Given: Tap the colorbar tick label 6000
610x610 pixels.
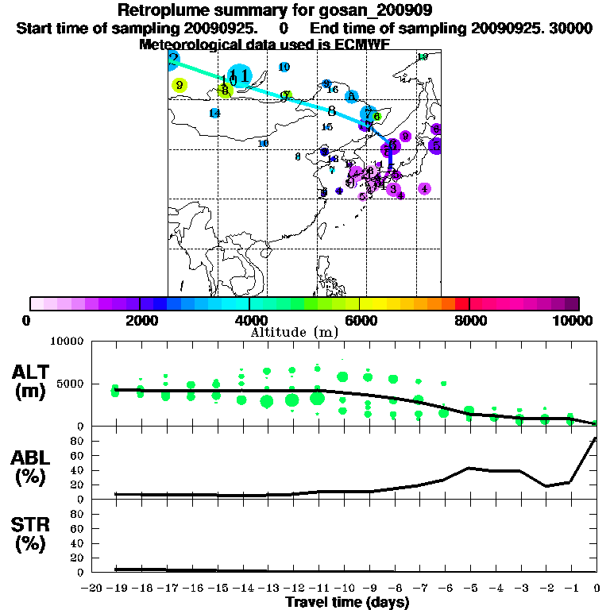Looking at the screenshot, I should pyautogui.click(x=360, y=320).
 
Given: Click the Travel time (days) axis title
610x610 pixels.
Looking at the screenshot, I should pyautogui.click(x=347, y=602).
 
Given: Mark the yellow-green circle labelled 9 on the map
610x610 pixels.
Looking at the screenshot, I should pyautogui.click(x=180, y=85).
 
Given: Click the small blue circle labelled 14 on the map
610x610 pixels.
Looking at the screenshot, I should pyautogui.click(x=214, y=114).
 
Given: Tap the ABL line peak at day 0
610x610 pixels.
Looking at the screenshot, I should pyautogui.click(x=596, y=438).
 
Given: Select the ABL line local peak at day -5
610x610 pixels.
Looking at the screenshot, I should pyautogui.click(x=469, y=468).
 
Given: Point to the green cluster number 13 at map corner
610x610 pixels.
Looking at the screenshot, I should pyautogui.click(x=423, y=57).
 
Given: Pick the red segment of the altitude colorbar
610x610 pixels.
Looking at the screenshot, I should pyautogui.click(x=461, y=303).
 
